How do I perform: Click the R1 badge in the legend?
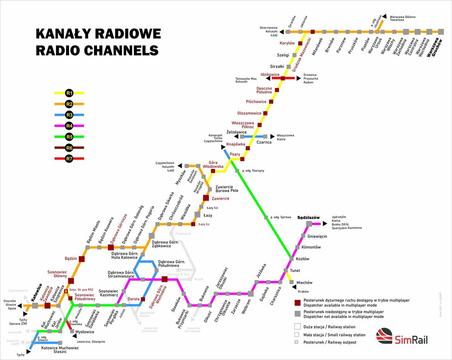coord(69,93)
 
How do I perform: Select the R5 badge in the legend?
coord(69,137)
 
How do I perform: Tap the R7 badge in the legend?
coord(69,159)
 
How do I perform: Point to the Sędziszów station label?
coord(308,218)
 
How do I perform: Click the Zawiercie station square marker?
coord(206,198)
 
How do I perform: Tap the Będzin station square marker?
coord(82,259)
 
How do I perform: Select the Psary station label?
coord(235,154)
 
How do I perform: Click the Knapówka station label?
coord(235,145)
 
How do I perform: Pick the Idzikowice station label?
coord(270,74)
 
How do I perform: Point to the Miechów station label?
coord(304,282)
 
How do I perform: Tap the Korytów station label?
coord(287,43)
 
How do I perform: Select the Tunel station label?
coord(295,271)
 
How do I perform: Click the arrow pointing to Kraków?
coord(295,287)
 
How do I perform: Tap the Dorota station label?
coord(133,299)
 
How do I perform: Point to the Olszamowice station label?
coord(250,113)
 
